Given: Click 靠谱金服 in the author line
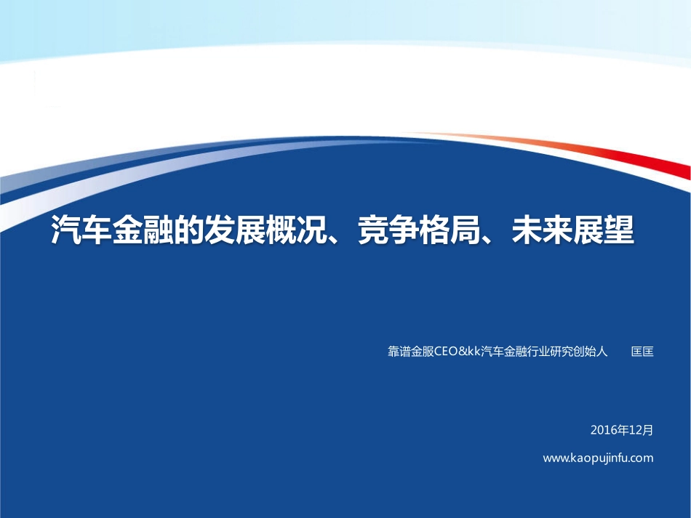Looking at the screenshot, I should pos(410,352).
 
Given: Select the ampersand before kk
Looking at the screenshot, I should pos(461,352).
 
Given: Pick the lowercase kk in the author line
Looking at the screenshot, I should pos(474,352).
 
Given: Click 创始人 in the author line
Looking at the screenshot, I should pos(590,352).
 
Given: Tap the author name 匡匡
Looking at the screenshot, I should pos(642,352).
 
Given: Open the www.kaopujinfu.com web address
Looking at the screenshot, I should pos(598,458).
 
